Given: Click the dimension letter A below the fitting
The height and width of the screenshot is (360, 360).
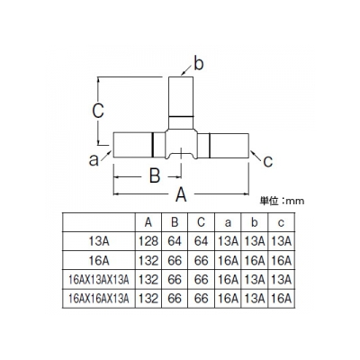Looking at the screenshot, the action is click(181, 194).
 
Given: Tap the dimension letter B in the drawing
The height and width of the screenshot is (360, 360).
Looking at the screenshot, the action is click(155, 175).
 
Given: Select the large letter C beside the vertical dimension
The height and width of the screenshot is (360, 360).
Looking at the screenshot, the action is click(98, 111).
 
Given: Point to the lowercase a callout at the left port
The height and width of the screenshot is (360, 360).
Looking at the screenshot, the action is click(94, 160).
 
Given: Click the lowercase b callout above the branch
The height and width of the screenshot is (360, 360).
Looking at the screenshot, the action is click(199, 64).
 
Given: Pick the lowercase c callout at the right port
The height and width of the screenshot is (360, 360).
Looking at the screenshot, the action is click(267, 161).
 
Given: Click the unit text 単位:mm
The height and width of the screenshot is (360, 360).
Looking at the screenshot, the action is click(282, 201).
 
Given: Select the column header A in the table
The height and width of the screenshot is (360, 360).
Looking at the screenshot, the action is click(148, 222).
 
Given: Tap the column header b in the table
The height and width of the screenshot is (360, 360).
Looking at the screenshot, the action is click(255, 222).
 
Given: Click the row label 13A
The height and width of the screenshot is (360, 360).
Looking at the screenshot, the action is click(99, 241).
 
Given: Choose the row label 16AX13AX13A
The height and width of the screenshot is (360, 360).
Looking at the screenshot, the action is click(99, 280).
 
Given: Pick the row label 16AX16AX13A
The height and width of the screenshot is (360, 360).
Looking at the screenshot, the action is click(99, 299).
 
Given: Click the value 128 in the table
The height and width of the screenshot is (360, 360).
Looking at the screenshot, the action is click(148, 241).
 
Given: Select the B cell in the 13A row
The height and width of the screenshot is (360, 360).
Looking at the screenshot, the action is click(175, 241).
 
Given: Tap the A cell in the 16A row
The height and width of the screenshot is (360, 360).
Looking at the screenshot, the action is click(148, 260).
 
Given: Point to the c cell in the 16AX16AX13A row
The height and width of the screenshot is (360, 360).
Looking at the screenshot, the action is click(281, 299).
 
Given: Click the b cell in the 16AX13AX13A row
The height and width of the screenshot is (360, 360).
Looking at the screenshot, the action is click(255, 280).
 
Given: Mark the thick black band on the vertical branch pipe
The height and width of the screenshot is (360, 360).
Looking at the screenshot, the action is click(181, 116).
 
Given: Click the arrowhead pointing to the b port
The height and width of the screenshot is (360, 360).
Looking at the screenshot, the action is click(183, 74).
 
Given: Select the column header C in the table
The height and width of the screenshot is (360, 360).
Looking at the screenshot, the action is click(201, 222).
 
